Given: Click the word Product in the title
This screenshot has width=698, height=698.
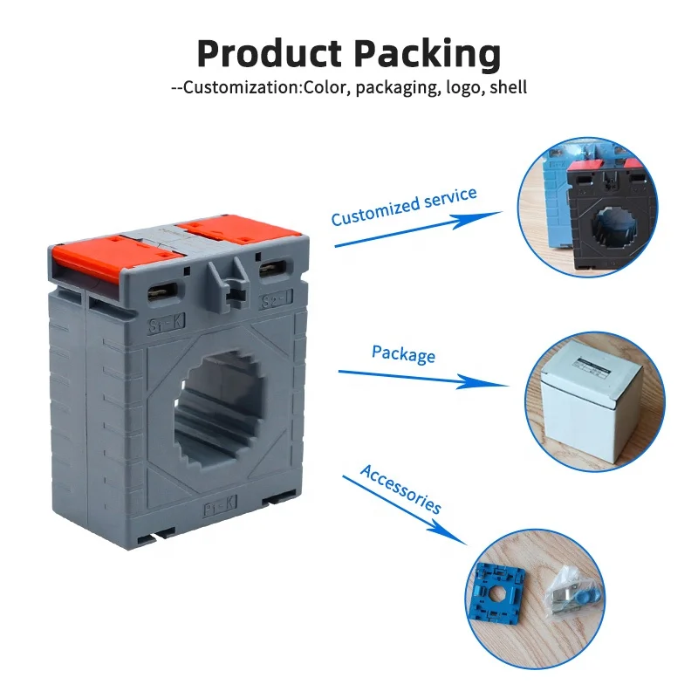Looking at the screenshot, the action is coord(267,54).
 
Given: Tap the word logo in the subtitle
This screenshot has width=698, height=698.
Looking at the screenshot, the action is coord(463,87).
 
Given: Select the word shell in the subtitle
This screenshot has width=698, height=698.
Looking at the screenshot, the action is coord(508,87).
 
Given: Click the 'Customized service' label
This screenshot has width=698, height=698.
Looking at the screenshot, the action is coord(403,206).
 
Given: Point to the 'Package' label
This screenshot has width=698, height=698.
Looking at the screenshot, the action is coord(403,353).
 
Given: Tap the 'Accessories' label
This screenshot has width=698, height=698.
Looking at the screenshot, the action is coord(400,489).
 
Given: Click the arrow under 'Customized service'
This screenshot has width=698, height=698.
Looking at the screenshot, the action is coord(419,229).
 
